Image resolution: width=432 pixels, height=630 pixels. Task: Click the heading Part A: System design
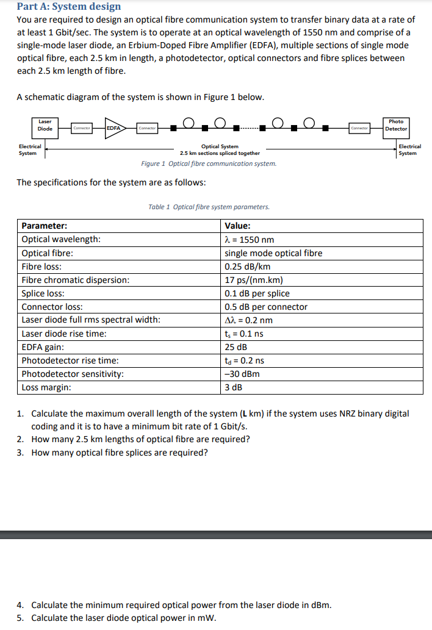tap(69, 7)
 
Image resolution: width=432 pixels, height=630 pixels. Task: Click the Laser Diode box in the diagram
tap(45, 126)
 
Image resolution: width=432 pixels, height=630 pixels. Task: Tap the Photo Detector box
tap(396, 126)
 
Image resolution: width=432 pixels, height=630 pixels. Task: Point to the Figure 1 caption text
tap(208, 163)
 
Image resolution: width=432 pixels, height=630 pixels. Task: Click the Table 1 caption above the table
tap(209, 207)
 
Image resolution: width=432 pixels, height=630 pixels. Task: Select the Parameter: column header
tap(45, 226)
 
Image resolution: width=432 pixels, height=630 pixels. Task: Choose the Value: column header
tap(238, 226)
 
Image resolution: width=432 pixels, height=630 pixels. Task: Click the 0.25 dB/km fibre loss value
tap(248, 267)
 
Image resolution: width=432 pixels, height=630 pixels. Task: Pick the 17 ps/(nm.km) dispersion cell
tap(254, 280)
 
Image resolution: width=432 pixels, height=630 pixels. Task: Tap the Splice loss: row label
tap(43, 293)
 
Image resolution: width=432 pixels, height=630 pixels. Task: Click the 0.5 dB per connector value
tap(266, 307)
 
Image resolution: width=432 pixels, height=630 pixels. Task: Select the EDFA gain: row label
tap(43, 347)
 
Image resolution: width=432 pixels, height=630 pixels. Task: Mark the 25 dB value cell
tap(236, 347)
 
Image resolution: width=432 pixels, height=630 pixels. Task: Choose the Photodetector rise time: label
tap(70, 360)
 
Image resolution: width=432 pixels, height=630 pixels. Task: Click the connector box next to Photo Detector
tap(359, 128)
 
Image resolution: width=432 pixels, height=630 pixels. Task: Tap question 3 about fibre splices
tap(119, 453)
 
